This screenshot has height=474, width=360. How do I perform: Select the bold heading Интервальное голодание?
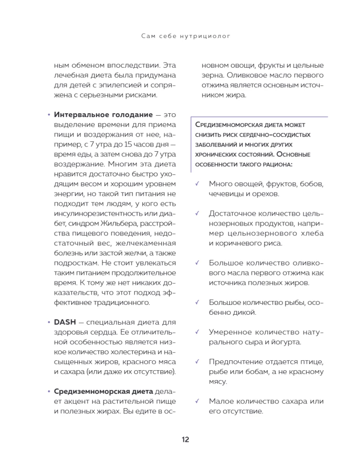[x=103, y=115]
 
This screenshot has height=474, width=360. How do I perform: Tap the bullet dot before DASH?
[x=49, y=322]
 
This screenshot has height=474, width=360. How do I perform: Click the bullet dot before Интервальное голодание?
[x=49, y=115]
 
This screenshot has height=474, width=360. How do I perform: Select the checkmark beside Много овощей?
[x=196, y=184]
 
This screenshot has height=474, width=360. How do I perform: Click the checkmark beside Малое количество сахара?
[x=196, y=401]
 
